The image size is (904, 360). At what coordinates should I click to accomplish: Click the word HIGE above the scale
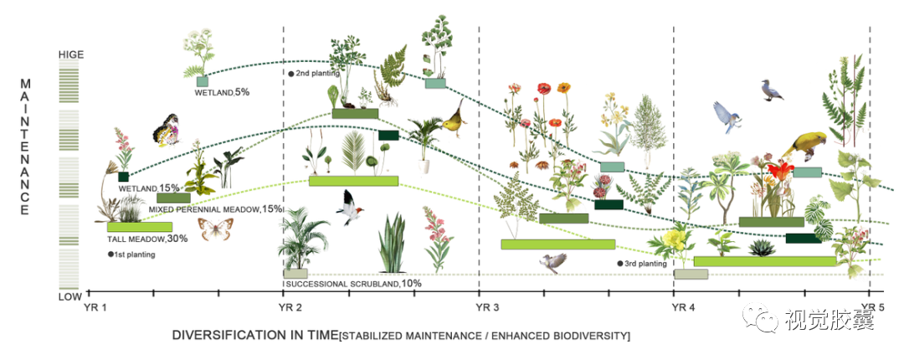coord(70,54)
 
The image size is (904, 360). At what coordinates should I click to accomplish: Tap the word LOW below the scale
coord(70,296)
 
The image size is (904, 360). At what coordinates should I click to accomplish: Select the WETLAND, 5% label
coord(222,91)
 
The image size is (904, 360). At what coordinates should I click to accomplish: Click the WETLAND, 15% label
coord(149,188)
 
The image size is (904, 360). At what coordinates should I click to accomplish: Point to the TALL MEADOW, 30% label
coord(146,239)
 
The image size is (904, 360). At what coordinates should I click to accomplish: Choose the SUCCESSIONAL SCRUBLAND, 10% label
coord(352,284)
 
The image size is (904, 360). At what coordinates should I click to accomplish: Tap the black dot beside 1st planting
coord(110,254)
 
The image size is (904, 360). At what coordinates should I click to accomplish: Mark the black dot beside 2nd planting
coord(291,74)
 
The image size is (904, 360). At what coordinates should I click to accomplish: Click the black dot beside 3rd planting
coord(620,264)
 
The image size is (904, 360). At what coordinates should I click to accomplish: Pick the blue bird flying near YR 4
coord(727,116)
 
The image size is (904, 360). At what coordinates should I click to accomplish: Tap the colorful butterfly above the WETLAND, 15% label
coord(165,128)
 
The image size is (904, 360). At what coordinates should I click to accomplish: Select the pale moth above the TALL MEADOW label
coord(215,229)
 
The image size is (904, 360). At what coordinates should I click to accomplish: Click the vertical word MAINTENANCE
coord(25,147)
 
